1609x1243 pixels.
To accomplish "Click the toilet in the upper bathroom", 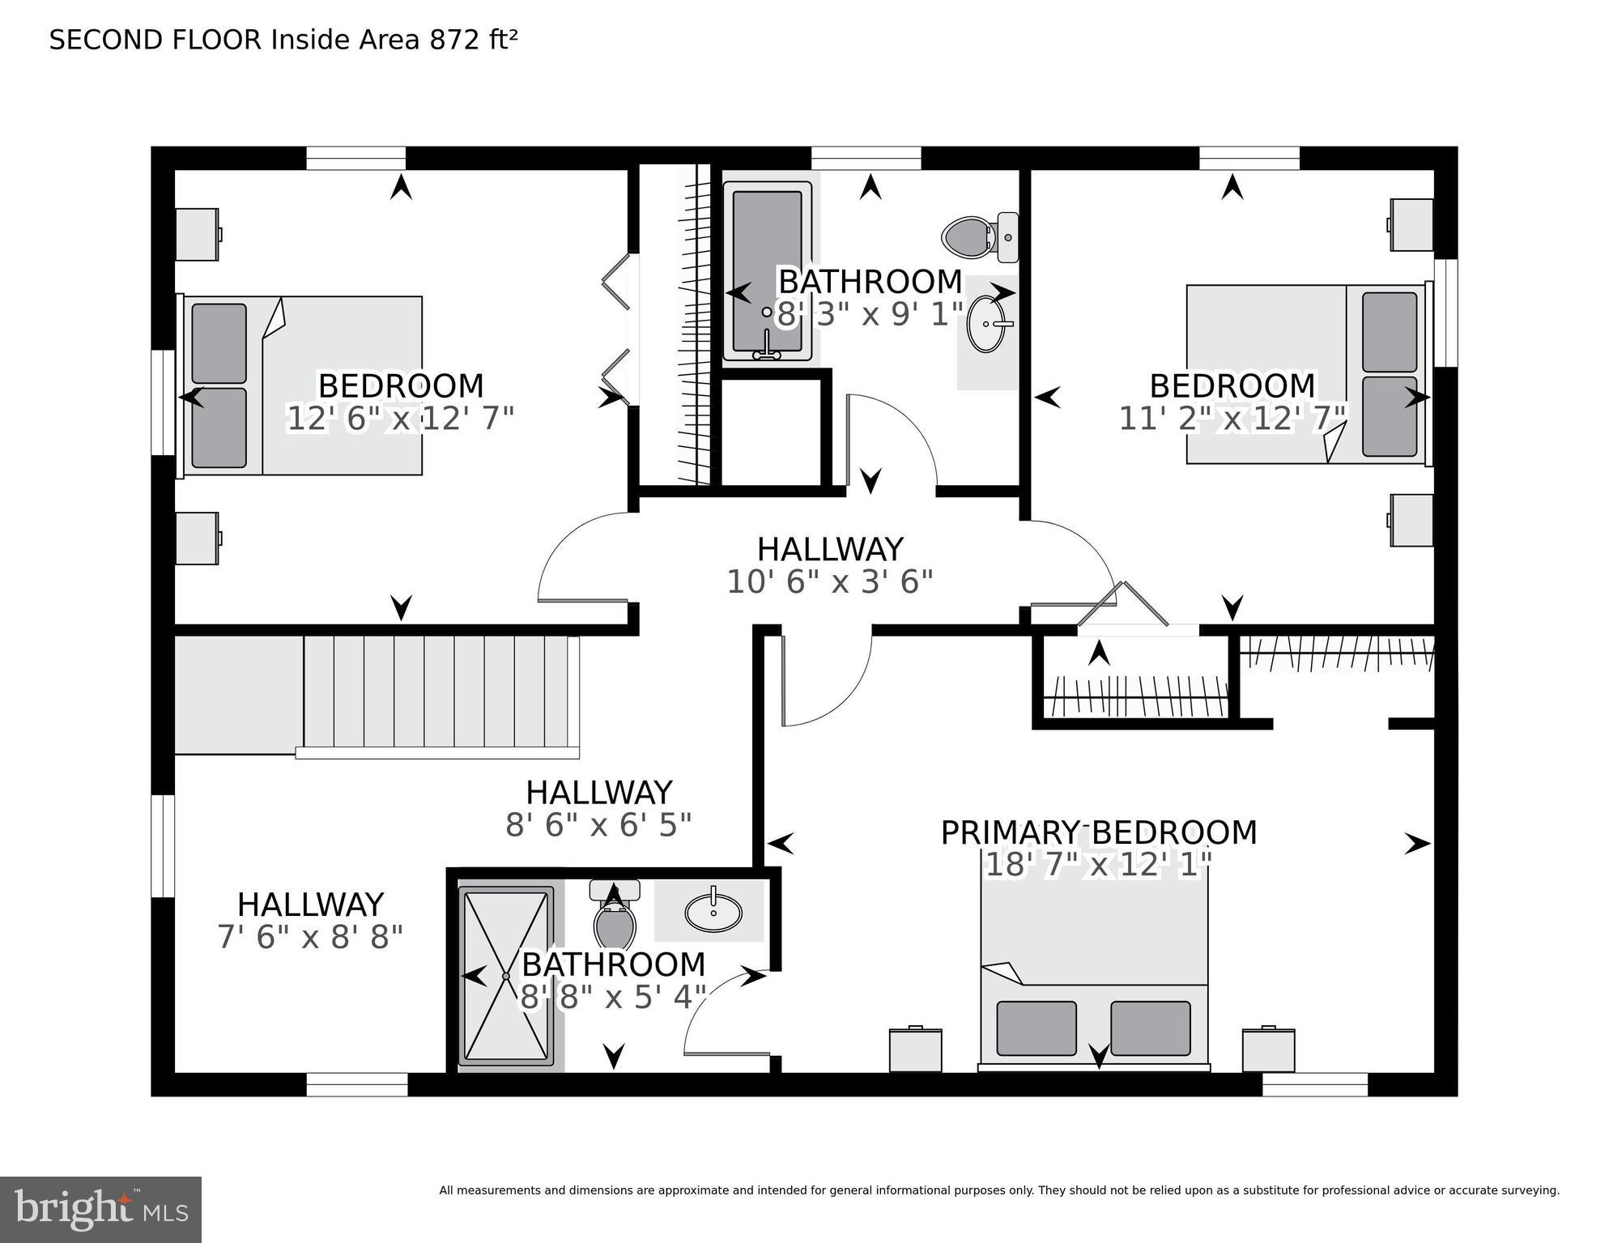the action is pos(978,236).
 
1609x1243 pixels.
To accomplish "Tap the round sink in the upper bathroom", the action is pos(987,324).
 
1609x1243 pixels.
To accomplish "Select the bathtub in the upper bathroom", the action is pos(767,271).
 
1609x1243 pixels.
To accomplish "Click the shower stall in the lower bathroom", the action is pos(505,977).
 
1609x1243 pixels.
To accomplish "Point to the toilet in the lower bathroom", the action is pos(615,918).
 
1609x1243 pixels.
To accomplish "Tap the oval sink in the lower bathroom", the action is pos(713,913).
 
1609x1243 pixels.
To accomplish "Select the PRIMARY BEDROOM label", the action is pos(1098,832).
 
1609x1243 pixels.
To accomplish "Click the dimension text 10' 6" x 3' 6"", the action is pos(829,582).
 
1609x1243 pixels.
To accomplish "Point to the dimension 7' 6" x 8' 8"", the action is pos(310,938).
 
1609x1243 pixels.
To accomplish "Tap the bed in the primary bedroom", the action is pos(1094,980).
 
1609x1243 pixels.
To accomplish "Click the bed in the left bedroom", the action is pos(304,385).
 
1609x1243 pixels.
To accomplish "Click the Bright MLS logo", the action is pos(100,1209).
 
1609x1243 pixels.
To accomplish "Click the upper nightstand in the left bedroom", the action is pos(197,235).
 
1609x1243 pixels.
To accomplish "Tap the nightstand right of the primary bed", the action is pos(1268,1050).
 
